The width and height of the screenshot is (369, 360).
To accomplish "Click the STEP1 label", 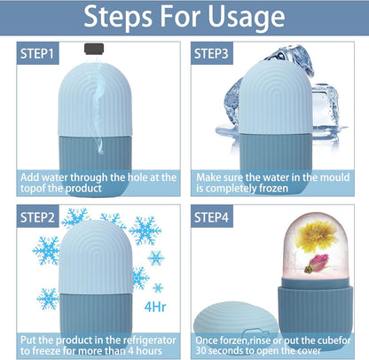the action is point(37,53).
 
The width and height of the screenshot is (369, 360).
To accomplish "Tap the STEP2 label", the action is point(37,217).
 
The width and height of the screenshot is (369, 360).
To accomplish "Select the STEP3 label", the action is point(212,53).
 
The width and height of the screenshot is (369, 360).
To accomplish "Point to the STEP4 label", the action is point(212,217).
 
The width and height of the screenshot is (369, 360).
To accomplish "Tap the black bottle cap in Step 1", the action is point(94,49).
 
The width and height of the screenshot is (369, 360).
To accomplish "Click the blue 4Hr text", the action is point(155,307).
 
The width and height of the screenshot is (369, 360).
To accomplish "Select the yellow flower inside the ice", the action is point(317,237).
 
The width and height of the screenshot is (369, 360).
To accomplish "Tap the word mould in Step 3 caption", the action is point(334,177).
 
